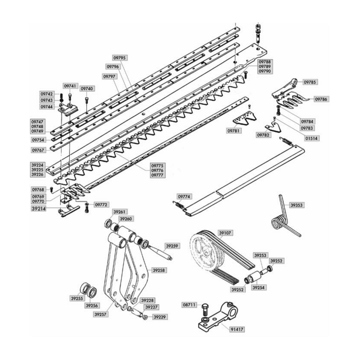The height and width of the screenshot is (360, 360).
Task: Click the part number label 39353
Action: (x=297, y=205)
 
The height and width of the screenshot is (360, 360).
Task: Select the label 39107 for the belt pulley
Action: (x=225, y=233)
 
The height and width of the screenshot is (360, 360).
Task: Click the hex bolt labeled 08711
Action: (x=204, y=310)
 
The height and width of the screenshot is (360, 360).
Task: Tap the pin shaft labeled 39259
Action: (x=160, y=253)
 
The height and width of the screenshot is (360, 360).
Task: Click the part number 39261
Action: (x=120, y=211)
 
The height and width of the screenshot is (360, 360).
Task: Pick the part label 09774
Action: (x=184, y=197)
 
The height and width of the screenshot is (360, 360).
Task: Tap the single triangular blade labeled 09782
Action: (x=273, y=127)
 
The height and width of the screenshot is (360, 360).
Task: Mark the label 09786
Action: (x=321, y=99)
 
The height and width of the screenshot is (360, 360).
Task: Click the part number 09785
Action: (x=310, y=82)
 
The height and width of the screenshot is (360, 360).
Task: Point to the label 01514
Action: (x=311, y=139)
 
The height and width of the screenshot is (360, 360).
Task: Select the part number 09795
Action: (x=120, y=58)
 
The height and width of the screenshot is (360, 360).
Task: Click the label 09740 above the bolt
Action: (x=87, y=88)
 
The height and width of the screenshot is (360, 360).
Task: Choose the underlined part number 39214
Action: (x=39, y=209)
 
